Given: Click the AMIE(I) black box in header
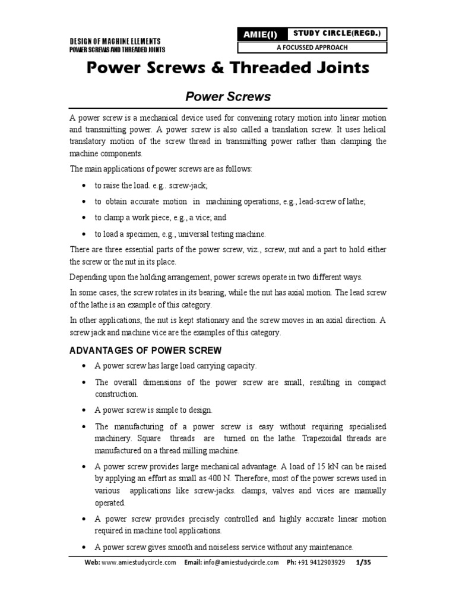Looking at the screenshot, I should [262, 34].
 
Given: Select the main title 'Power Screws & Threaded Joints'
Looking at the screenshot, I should [228, 68].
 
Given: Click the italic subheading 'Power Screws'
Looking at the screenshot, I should [229, 96].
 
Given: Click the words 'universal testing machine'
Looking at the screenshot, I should [226, 234].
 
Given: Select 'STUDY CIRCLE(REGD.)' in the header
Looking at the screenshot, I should [337, 33].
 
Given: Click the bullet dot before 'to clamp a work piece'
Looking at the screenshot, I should [87, 218].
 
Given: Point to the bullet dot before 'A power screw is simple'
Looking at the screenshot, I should [87, 410].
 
